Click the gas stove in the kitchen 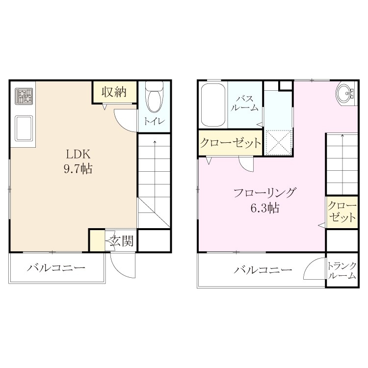(x=24, y=96)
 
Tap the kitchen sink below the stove (x=24, y=128)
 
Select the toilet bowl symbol (x=154, y=97)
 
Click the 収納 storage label (x=114, y=92)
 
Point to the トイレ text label (x=154, y=121)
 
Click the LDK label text (x=78, y=155)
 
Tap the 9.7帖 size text (x=78, y=168)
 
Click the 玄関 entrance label (x=122, y=241)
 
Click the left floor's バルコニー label (x=56, y=268)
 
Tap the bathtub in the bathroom (x=213, y=105)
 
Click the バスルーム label (x=244, y=103)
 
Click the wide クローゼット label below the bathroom (x=231, y=142)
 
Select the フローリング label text (x=264, y=193)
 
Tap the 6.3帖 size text (x=265, y=208)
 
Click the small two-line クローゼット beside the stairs (x=342, y=212)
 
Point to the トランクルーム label (x=342, y=271)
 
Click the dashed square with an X (x=279, y=142)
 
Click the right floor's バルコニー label (x=263, y=270)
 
